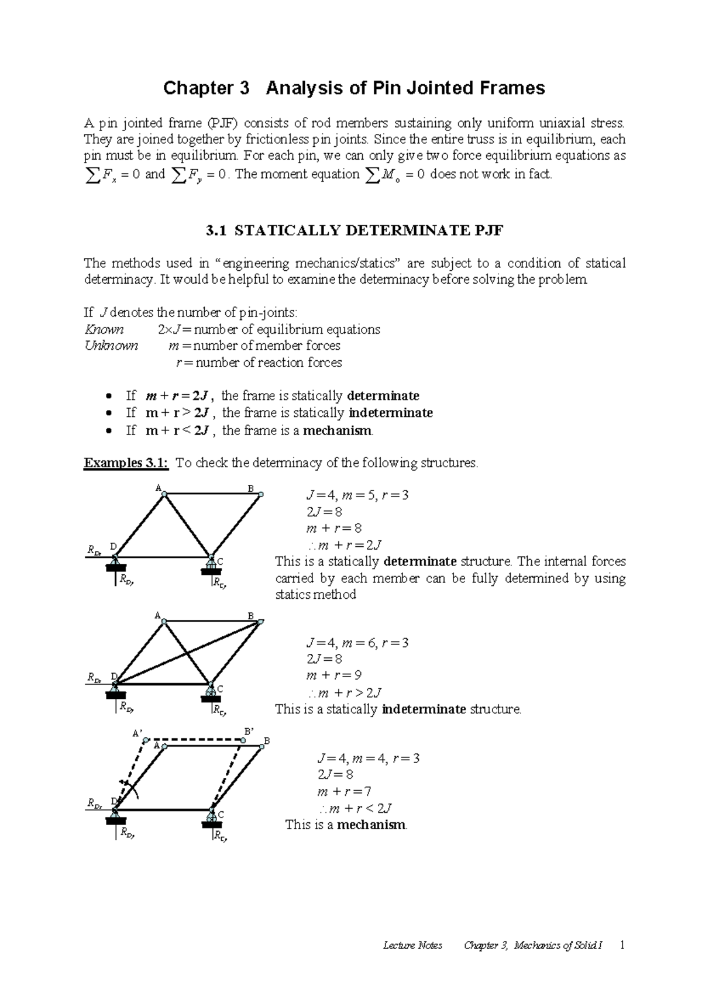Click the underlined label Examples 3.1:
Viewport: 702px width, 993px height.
click(x=126, y=464)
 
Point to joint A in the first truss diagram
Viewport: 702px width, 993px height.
click(x=164, y=494)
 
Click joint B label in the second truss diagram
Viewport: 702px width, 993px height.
click(x=251, y=616)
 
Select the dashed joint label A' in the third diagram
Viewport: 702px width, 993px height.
click(x=137, y=733)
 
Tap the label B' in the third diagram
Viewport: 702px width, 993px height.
click(x=249, y=732)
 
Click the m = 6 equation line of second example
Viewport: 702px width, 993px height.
click(x=357, y=643)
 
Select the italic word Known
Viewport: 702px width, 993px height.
click(x=104, y=330)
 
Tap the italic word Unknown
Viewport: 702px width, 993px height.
click(x=111, y=346)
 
